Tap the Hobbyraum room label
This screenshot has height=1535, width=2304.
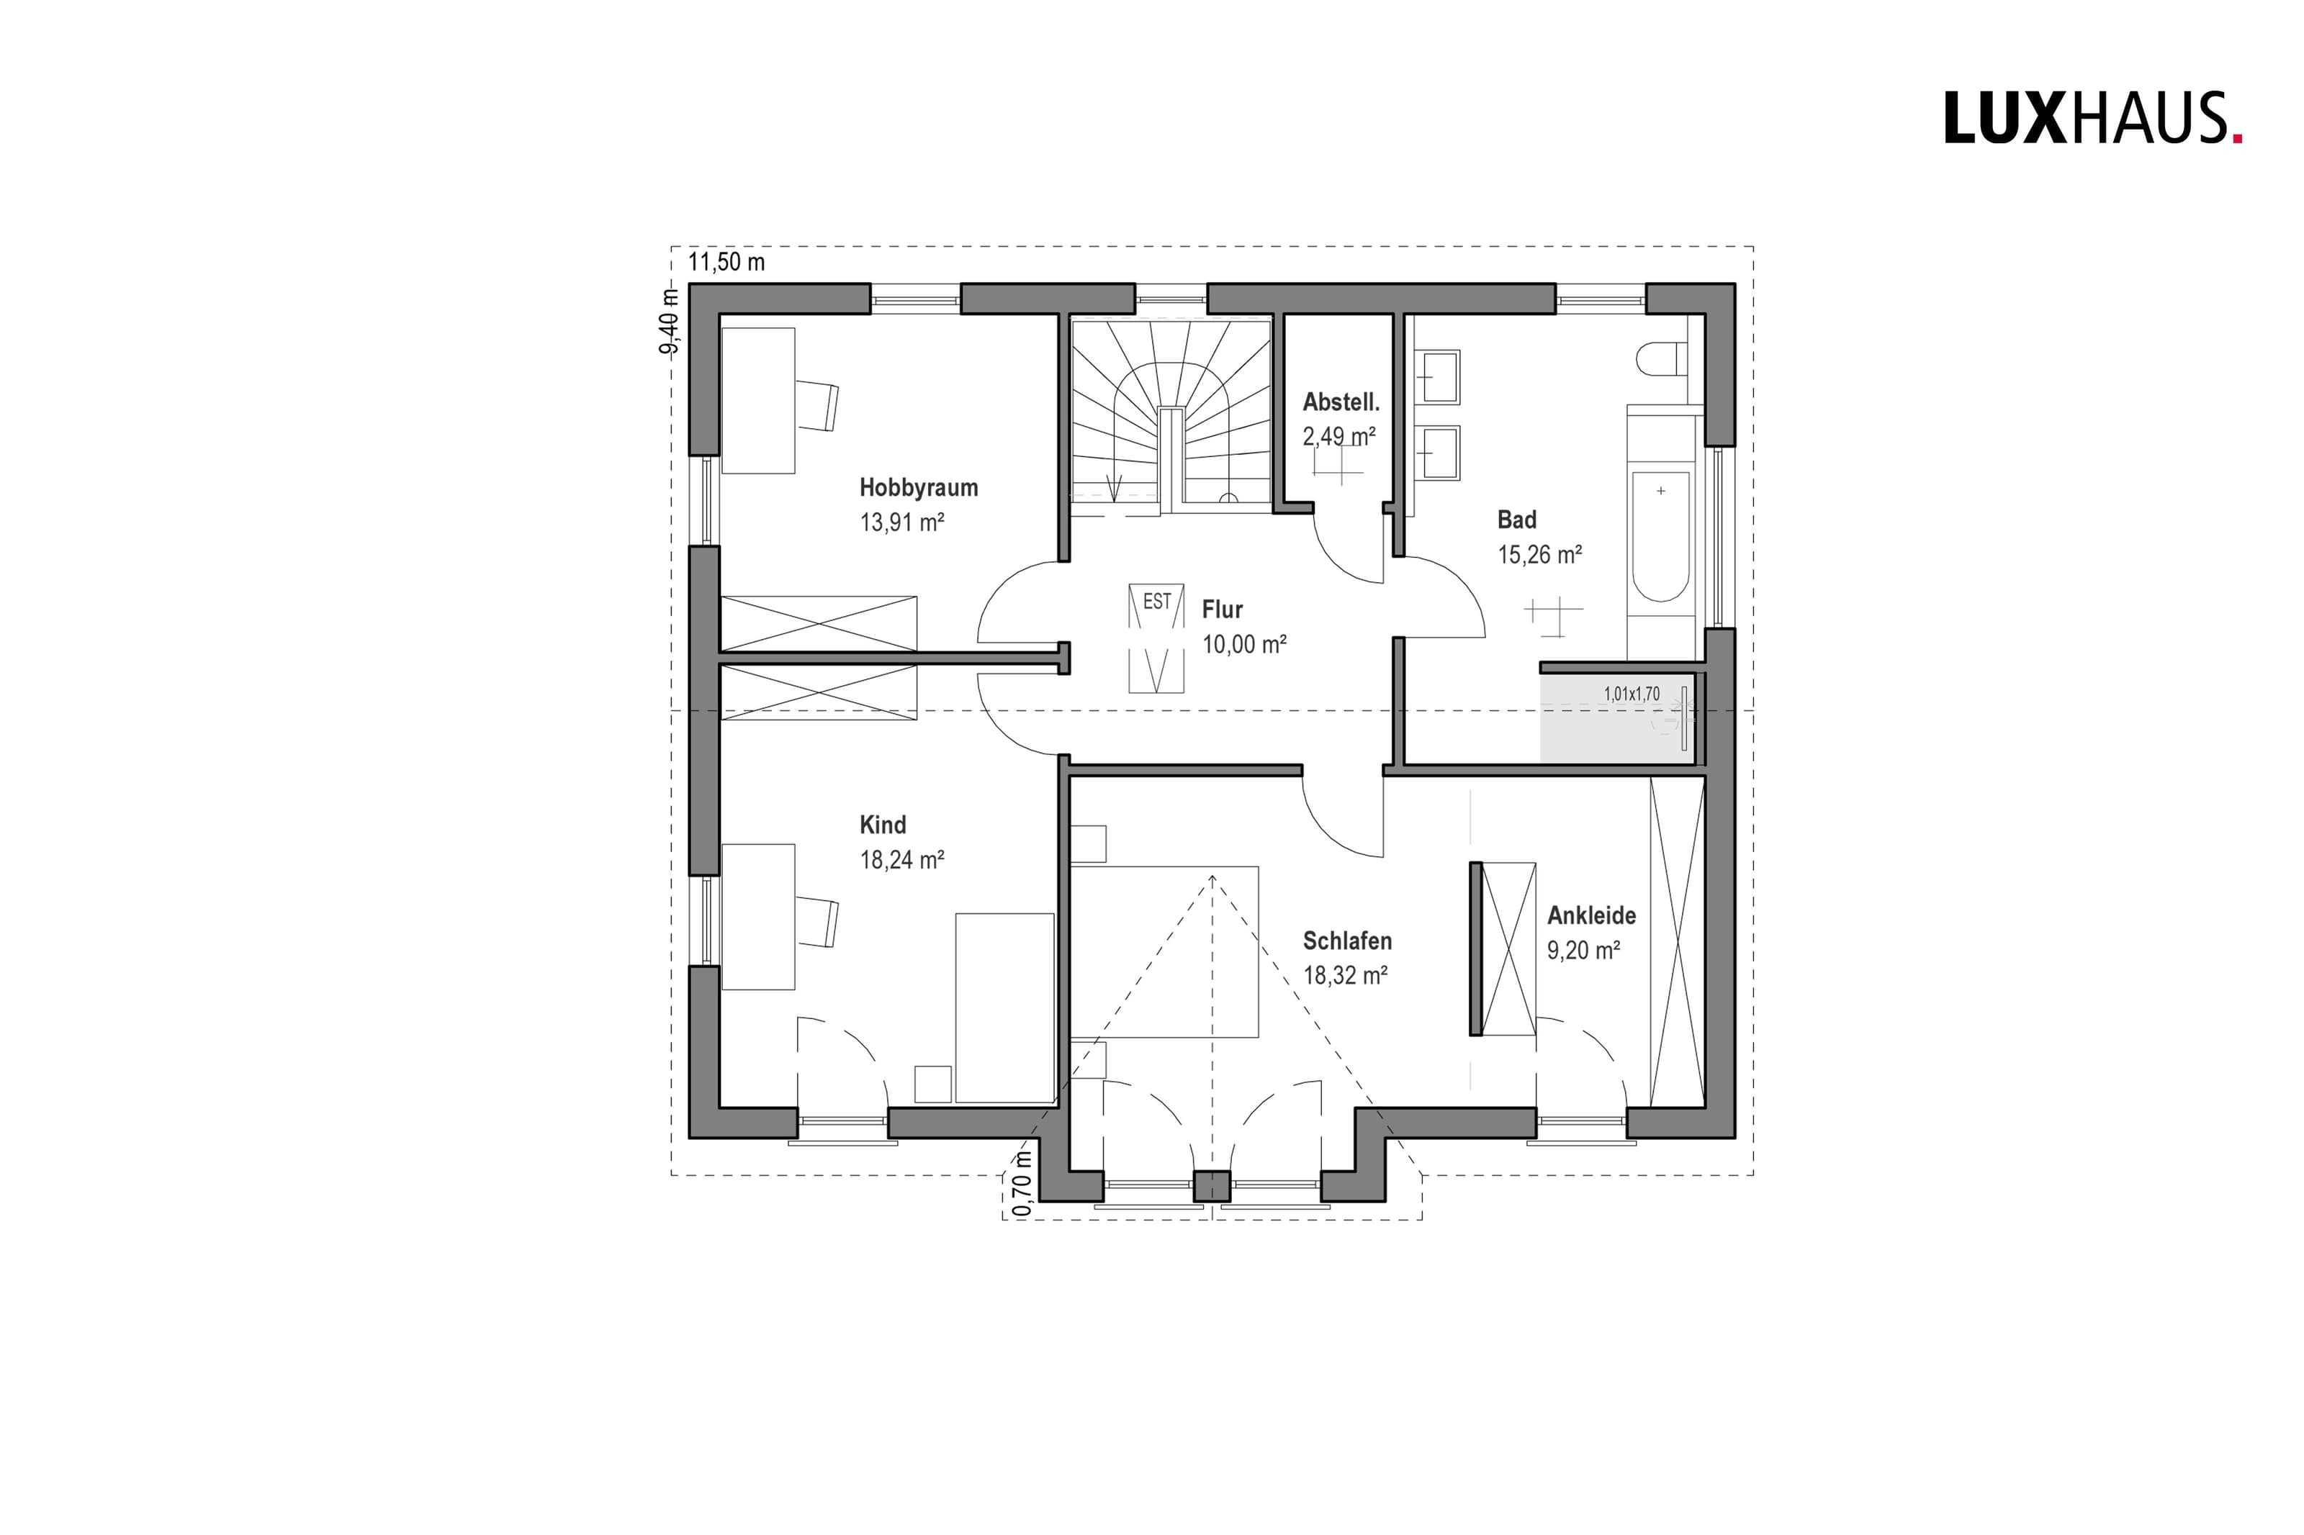coord(919,487)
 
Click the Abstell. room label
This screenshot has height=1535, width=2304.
coord(1341,402)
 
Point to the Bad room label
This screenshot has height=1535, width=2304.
coord(1517,520)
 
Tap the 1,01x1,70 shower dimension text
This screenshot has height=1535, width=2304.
coord(1632,694)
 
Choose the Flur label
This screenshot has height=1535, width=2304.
coord(1222,610)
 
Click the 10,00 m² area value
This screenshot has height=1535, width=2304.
coord(1243,644)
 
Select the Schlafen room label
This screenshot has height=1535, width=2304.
coord(1346,941)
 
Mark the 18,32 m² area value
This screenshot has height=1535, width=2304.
coord(1346,975)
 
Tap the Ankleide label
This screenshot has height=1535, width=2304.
coord(1591,915)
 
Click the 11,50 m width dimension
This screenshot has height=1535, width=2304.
coord(726,263)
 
